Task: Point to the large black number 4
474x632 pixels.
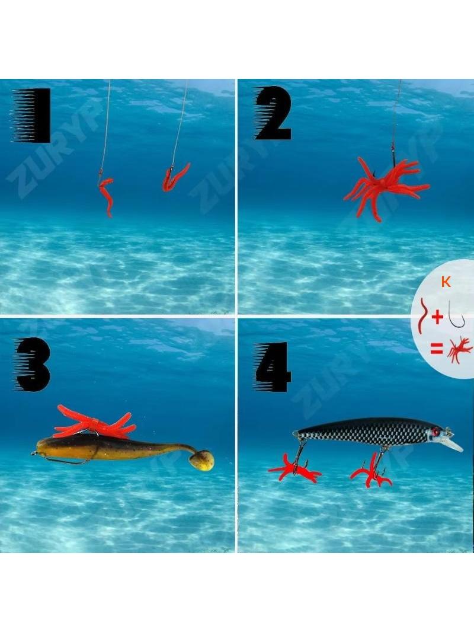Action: tap(273, 367)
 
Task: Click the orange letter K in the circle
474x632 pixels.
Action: tap(446, 282)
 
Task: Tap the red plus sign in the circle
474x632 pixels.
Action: tap(437, 318)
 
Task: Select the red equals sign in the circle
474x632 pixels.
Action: tap(437, 349)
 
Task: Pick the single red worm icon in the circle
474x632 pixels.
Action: tap(422, 315)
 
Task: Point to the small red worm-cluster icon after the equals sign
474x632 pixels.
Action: tap(460, 350)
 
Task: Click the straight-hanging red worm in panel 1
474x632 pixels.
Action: tap(107, 196)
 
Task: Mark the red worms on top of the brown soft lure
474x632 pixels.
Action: tap(94, 422)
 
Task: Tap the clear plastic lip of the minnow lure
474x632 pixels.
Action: tap(454, 445)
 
